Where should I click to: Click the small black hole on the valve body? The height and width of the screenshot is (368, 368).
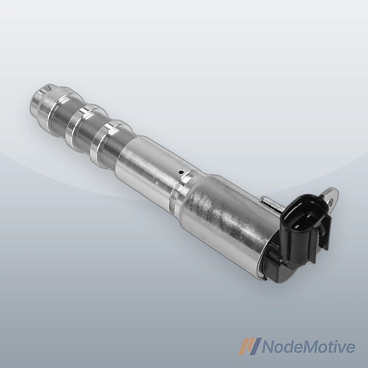point(180,172)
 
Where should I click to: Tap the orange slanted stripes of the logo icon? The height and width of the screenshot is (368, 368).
point(246,346)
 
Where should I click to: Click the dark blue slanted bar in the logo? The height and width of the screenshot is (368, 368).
point(257,346)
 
